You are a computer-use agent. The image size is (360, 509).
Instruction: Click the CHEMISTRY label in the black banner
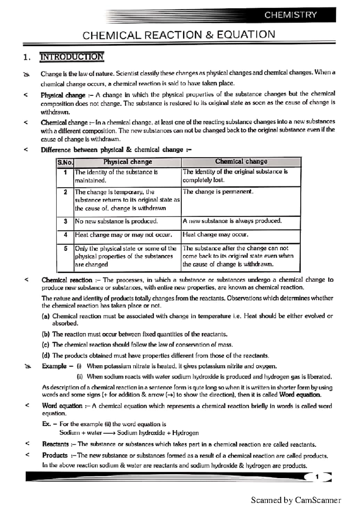[290, 15]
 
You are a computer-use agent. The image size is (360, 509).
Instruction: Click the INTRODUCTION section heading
[72, 57]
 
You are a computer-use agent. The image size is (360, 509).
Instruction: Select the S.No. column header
[65, 162]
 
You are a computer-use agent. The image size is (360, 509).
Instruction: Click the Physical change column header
[127, 162]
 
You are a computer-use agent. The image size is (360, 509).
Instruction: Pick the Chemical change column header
[241, 161]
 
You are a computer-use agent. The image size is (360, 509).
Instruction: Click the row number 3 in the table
[65, 221]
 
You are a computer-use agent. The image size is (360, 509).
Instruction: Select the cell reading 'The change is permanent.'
[218, 192]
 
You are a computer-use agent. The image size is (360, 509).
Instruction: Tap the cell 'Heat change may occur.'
[215, 234]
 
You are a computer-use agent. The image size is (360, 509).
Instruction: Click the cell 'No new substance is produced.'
[116, 221]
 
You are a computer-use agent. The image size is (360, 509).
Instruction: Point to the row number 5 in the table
[65, 249]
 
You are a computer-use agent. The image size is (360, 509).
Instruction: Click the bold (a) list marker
[46, 316]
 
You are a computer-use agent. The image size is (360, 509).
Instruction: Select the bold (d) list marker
[46, 356]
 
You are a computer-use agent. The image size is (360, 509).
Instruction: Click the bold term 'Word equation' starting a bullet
[62, 406]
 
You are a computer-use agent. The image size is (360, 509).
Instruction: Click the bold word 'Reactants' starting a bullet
[55, 444]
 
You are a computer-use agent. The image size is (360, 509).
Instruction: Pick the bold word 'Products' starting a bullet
[55, 455]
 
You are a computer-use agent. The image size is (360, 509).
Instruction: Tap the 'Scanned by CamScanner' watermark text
[296, 500]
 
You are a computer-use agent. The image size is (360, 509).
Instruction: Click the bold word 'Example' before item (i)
[54, 366]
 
